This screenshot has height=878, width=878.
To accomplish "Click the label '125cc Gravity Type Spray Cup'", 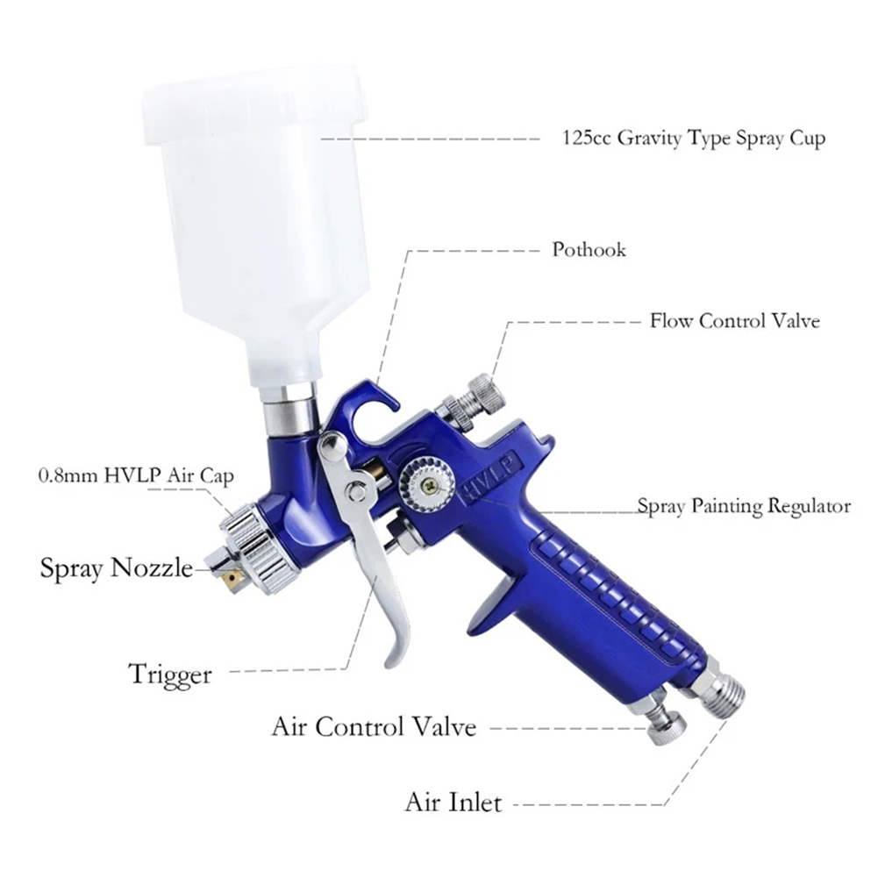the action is pyautogui.click(x=693, y=139).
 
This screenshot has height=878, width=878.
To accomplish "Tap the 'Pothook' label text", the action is pyautogui.click(x=589, y=249).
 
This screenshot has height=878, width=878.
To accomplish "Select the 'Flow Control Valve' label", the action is pyautogui.click(x=735, y=321).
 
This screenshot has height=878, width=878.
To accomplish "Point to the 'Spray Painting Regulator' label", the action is pyautogui.click(x=744, y=506).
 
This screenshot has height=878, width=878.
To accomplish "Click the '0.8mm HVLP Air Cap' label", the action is pyautogui.click(x=136, y=476).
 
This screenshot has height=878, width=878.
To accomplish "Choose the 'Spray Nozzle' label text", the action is pyautogui.click(x=117, y=567).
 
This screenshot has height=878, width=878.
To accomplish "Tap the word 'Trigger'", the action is pyautogui.click(x=170, y=675).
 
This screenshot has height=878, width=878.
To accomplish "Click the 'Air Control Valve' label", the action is pyautogui.click(x=374, y=727).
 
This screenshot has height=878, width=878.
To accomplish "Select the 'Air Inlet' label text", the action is pyautogui.click(x=453, y=803).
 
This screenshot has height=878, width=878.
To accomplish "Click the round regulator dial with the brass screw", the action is pyautogui.click(x=426, y=485).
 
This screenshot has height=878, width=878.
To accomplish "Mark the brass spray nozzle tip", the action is pyautogui.click(x=232, y=580).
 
